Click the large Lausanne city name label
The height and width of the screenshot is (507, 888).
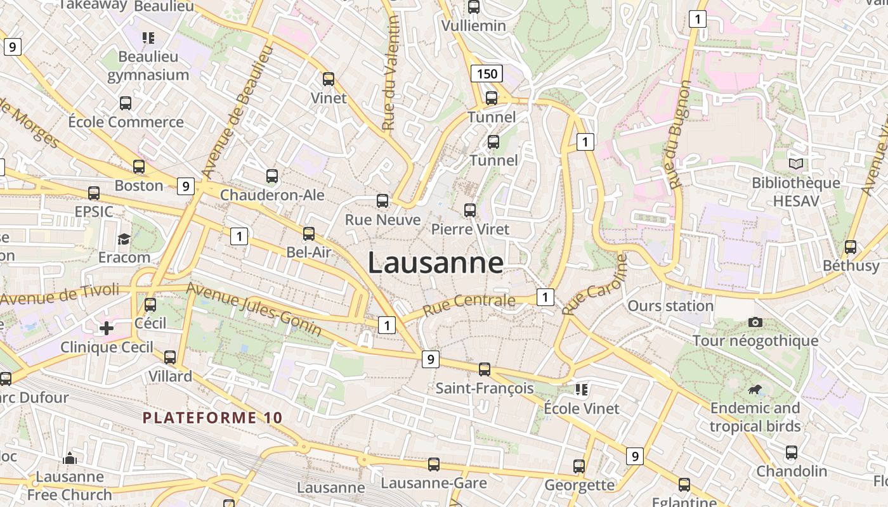click(x=436, y=263)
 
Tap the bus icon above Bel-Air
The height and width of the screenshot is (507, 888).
click(x=309, y=234)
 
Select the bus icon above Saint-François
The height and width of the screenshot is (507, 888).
click(x=485, y=369)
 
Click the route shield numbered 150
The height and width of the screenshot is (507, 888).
click(x=486, y=74)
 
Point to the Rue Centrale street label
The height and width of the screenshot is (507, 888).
click(x=469, y=305)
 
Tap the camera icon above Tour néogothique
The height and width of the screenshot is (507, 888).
click(x=755, y=322)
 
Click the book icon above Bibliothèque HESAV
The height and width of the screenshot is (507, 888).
click(x=796, y=164)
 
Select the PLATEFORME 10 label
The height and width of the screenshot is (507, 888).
click(x=212, y=418)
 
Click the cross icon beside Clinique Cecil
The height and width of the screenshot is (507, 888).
click(x=107, y=328)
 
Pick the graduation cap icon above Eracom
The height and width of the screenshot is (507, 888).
click(x=124, y=239)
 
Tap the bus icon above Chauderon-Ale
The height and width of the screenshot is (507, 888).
click(x=272, y=176)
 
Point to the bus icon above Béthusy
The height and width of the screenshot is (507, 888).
click(x=851, y=247)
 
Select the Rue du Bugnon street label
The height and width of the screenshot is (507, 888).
click(x=679, y=135)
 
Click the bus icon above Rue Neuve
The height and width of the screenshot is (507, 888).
click(x=382, y=201)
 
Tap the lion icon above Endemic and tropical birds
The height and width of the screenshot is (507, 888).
click(x=755, y=389)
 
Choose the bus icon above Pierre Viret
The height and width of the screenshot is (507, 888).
click(x=470, y=210)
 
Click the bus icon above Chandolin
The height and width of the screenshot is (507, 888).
click(x=792, y=452)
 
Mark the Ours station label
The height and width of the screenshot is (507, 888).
click(x=670, y=306)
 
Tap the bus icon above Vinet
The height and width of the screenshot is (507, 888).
click(x=329, y=79)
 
